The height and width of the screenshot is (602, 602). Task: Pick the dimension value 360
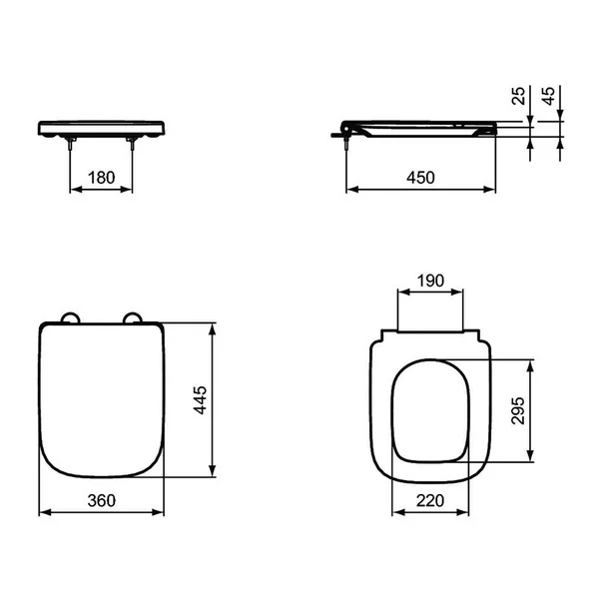(102, 500)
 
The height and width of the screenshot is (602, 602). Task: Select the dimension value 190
(430, 283)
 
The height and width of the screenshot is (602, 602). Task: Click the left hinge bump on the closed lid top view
(69, 316)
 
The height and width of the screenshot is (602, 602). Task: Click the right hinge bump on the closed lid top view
(133, 316)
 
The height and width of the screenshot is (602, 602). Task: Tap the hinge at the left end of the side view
(346, 128)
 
